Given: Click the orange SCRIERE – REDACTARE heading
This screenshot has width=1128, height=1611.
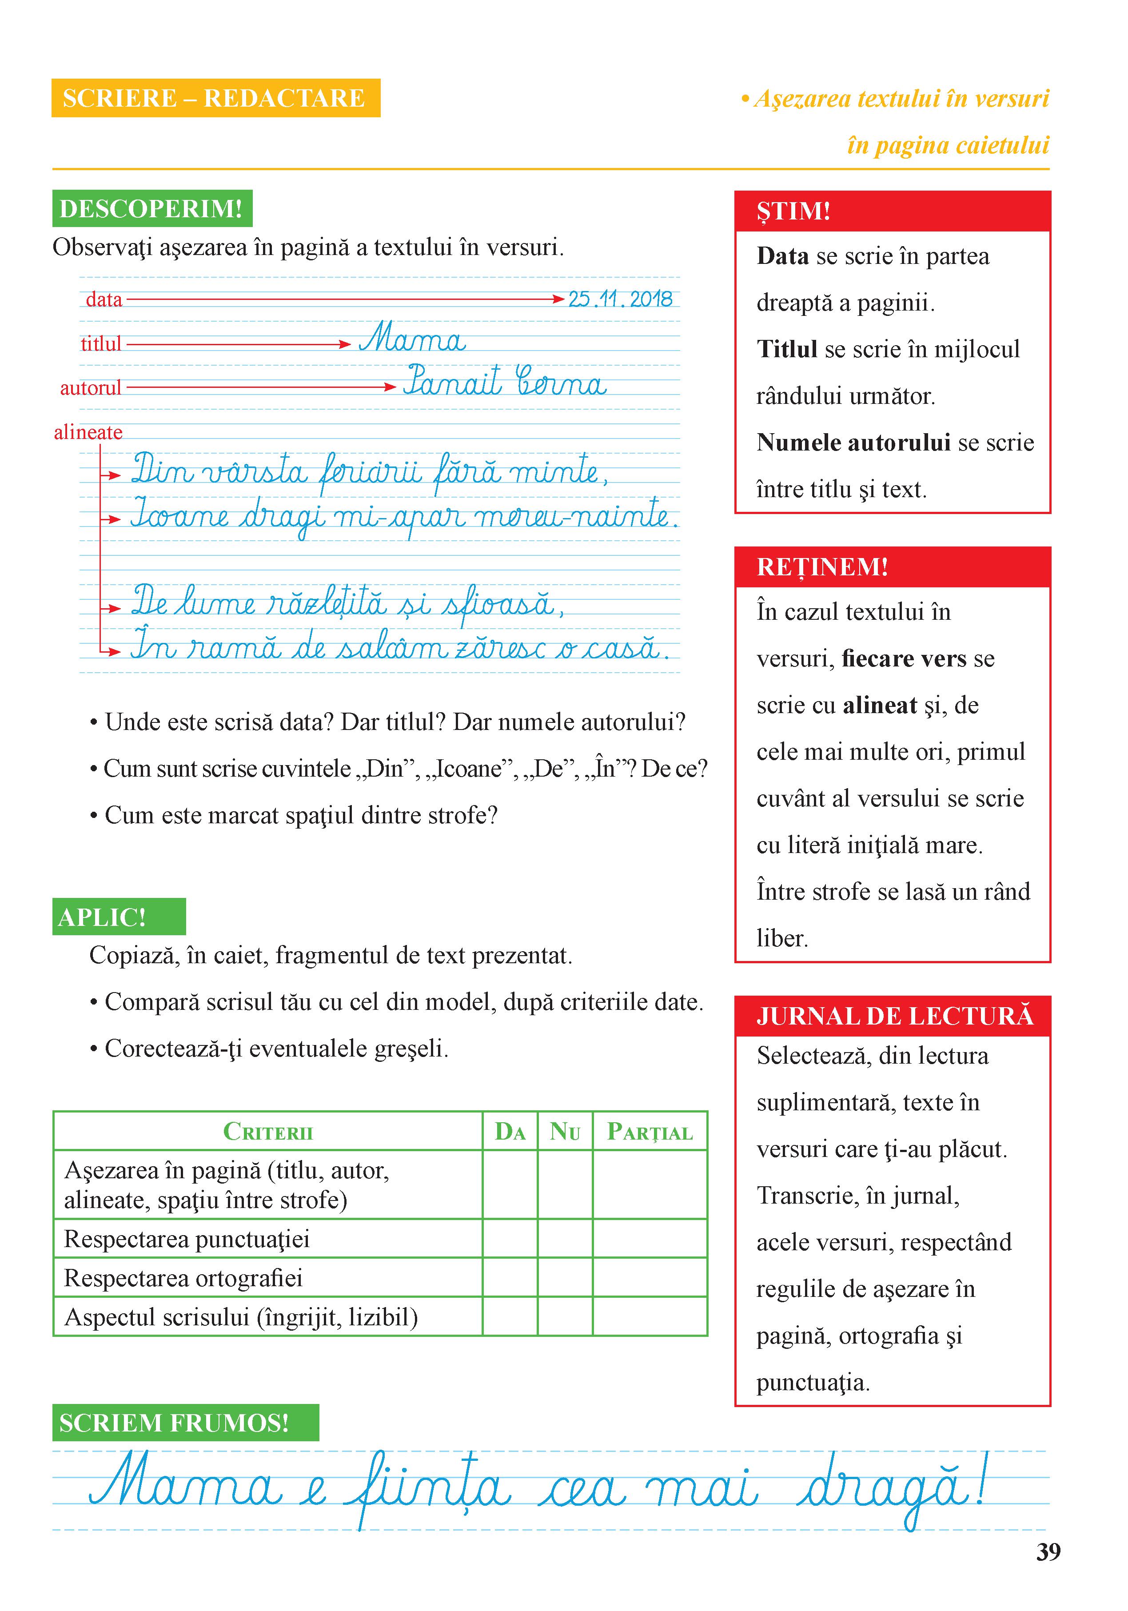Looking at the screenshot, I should coord(215,98).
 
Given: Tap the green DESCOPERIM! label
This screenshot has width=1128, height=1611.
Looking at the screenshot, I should coord(151,208).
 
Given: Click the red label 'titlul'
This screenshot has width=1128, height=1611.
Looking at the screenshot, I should coord(101,344).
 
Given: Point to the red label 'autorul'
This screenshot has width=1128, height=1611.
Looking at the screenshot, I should coord(91,388).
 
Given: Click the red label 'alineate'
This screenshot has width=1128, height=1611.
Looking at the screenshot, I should coord(88,432).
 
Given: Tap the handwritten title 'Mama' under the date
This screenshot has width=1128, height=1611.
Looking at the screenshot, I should coord(412,339).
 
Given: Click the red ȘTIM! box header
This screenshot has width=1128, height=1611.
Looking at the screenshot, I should coord(892,211).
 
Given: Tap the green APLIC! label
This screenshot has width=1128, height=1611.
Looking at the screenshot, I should coord(119,917).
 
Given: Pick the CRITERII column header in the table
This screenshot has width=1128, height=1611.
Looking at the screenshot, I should coord(267,1131).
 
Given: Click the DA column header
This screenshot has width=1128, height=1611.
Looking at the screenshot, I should coord(510,1131).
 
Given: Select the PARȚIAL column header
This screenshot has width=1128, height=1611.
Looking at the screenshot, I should coord(650,1131).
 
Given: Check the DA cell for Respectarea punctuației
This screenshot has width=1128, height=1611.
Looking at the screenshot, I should coord(510,1238).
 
